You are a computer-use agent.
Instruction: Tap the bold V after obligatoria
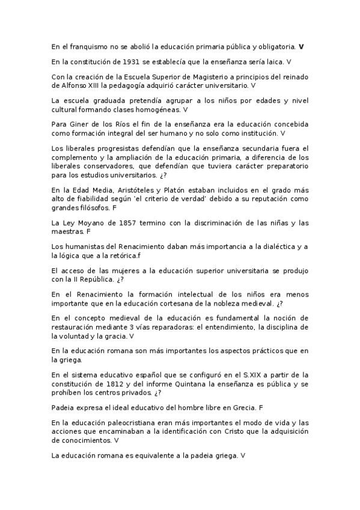click(x=301, y=46)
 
